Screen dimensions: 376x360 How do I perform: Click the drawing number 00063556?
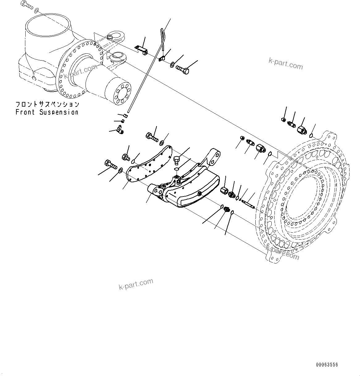click(327, 365)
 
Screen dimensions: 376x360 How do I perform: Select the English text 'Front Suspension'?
click(47, 112)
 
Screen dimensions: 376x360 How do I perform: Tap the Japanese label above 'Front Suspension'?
click(47, 104)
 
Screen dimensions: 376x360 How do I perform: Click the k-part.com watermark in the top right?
click(286, 64)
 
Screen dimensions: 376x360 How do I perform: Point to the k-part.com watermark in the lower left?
click(136, 284)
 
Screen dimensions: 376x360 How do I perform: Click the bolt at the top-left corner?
click(27, 5)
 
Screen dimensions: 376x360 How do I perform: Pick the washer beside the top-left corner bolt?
click(36, 11)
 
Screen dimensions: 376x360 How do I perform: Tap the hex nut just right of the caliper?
click(224, 190)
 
